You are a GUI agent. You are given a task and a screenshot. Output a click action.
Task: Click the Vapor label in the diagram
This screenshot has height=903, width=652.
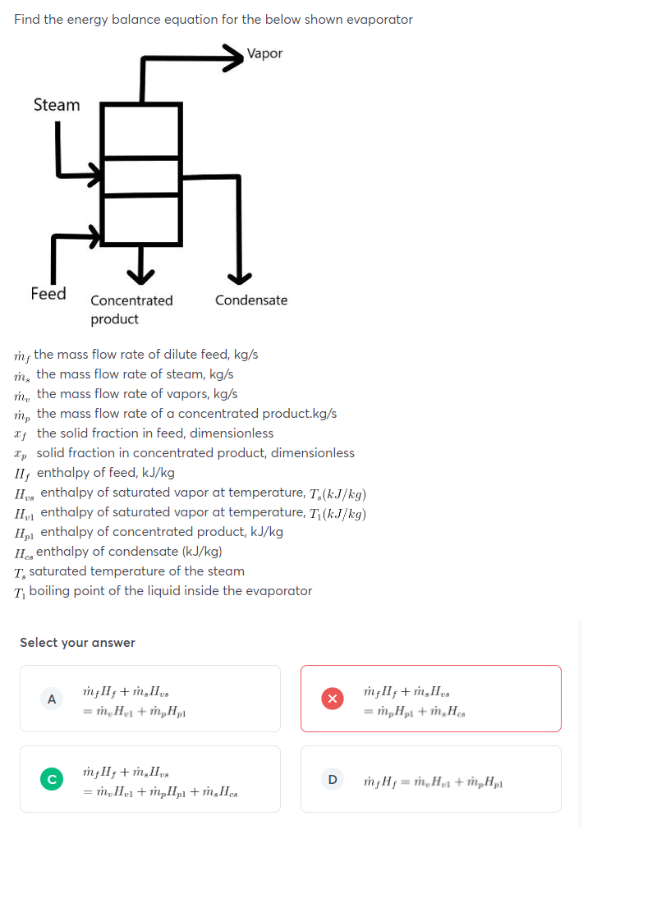pyautogui.click(x=264, y=53)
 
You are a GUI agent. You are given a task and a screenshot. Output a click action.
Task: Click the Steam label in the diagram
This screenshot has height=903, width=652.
pyautogui.click(x=57, y=105)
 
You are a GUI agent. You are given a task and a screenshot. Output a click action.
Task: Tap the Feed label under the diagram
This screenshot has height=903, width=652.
pyautogui.click(x=48, y=293)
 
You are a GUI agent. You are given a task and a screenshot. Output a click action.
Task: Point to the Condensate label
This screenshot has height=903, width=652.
pyautogui.click(x=251, y=300)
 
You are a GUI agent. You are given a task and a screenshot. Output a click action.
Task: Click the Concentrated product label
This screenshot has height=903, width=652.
pyautogui.click(x=131, y=309)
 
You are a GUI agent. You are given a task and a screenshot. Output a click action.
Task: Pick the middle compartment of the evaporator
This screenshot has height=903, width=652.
pyautogui.click(x=141, y=175)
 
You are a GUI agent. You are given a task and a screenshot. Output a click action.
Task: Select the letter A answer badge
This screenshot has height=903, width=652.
pyautogui.click(x=52, y=699)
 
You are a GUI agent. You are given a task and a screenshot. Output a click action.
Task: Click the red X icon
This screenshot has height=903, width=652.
pyautogui.click(x=333, y=699)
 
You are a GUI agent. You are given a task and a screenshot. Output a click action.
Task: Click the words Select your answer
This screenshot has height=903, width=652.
pyautogui.click(x=77, y=643)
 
